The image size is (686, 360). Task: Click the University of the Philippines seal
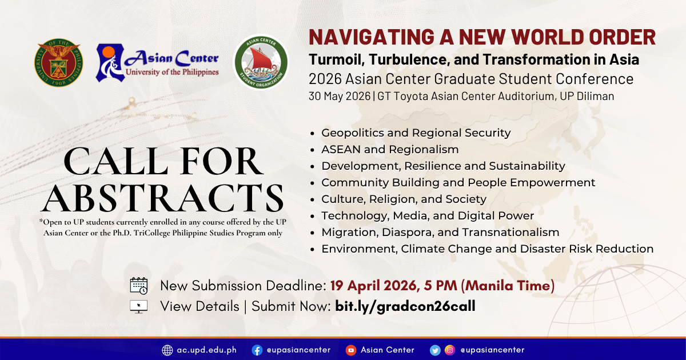[58, 62]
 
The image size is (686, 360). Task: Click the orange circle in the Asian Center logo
[109, 51]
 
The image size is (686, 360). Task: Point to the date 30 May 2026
[340, 96]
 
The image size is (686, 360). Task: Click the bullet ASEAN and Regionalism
[390, 149]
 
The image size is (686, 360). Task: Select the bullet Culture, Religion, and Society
[404, 199]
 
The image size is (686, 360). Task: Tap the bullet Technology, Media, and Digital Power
[428, 216]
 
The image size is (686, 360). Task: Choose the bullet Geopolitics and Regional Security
[416, 133]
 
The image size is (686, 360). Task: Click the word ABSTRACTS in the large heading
[162, 198]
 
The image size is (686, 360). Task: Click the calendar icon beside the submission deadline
[139, 286]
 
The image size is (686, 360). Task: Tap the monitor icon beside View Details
[139, 306]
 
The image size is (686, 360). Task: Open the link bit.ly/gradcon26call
[405, 306]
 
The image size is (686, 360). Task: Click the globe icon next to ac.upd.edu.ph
[167, 350]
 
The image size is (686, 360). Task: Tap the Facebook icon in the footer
[257, 350]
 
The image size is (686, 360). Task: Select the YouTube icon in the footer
[350, 350]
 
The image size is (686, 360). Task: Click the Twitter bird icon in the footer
[435, 350]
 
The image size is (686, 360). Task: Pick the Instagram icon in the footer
[449, 350]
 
